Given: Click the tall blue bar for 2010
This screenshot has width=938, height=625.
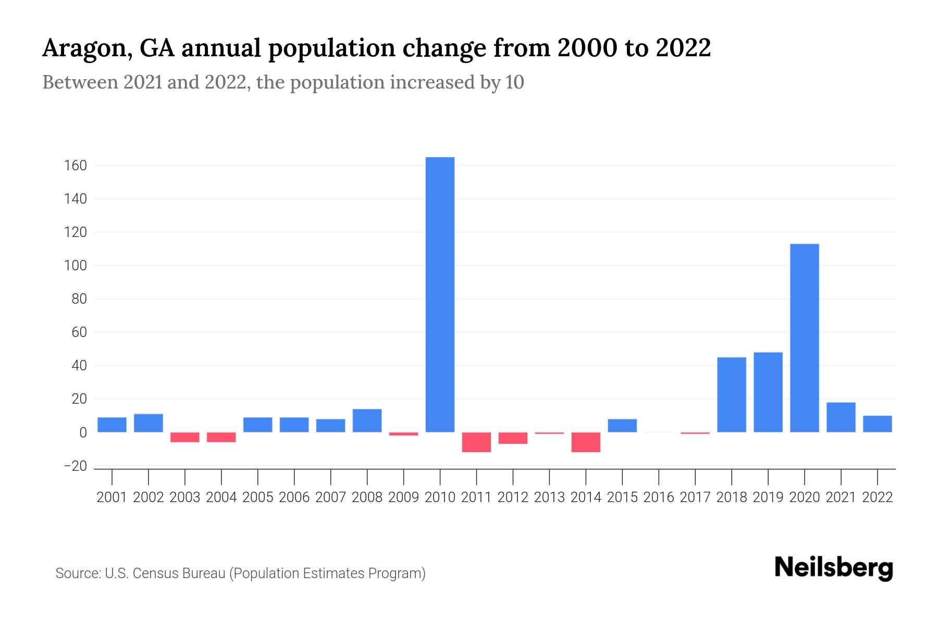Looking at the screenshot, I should click(x=440, y=294).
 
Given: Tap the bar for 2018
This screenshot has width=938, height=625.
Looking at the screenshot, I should click(x=732, y=394).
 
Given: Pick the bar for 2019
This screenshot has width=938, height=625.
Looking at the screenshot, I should click(x=768, y=392).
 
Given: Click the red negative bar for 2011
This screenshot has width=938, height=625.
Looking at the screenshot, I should click(x=476, y=442).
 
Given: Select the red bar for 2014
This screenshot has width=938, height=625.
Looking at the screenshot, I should click(x=586, y=442).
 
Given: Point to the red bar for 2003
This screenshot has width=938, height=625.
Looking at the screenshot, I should click(x=185, y=437).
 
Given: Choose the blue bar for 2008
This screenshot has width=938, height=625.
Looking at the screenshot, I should click(x=367, y=420).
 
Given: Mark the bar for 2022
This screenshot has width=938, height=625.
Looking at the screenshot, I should click(x=877, y=423).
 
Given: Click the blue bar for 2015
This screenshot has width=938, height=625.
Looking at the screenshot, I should click(x=622, y=425).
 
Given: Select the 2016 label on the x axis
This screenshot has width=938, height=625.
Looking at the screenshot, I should click(x=659, y=497).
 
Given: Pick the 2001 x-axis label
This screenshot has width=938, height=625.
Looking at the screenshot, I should click(x=112, y=497).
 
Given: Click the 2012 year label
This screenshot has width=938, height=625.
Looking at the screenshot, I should click(x=513, y=497).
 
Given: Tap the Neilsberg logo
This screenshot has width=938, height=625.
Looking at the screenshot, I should click(x=833, y=568).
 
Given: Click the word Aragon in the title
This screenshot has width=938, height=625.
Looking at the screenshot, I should click(x=85, y=49).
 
